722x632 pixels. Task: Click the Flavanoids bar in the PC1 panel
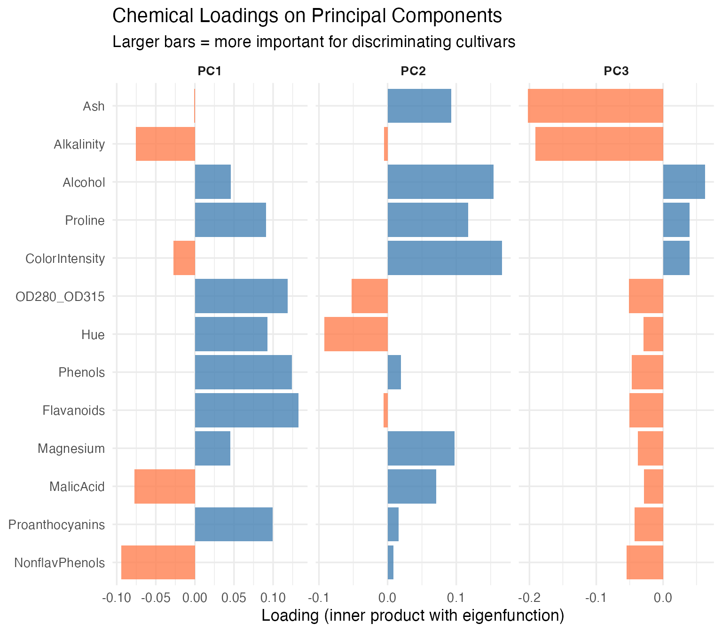[x=246, y=410]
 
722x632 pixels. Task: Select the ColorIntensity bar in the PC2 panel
[x=445, y=258]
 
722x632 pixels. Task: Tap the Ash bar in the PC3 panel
[x=595, y=106]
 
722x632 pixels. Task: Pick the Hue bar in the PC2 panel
[x=356, y=334]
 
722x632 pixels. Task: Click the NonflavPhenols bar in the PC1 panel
[x=158, y=562]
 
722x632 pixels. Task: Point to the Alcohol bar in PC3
[x=684, y=182]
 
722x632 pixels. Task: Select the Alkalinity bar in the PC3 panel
[x=599, y=143]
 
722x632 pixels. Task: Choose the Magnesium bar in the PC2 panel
[x=421, y=448]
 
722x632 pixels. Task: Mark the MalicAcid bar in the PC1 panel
[x=165, y=486]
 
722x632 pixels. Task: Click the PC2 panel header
[x=413, y=71]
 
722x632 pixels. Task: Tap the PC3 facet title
[x=616, y=71]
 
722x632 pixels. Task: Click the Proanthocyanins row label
[x=56, y=524]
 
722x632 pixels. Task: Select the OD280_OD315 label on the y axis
[x=60, y=297]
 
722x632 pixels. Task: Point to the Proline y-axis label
[x=85, y=220]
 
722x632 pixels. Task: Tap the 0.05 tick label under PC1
[x=234, y=598]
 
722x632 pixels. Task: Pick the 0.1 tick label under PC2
[x=455, y=598]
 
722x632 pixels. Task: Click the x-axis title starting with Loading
[x=412, y=616]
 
